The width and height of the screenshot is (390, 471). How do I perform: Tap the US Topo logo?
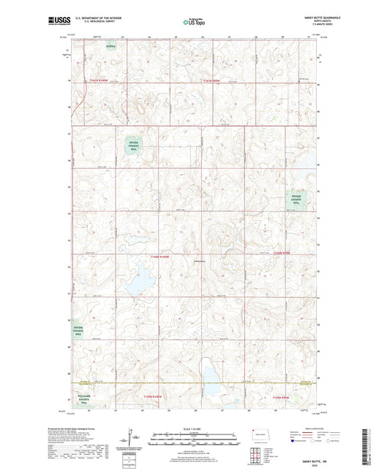[x=194, y=23]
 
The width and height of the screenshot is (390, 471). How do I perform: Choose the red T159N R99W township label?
[x=282, y=396]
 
